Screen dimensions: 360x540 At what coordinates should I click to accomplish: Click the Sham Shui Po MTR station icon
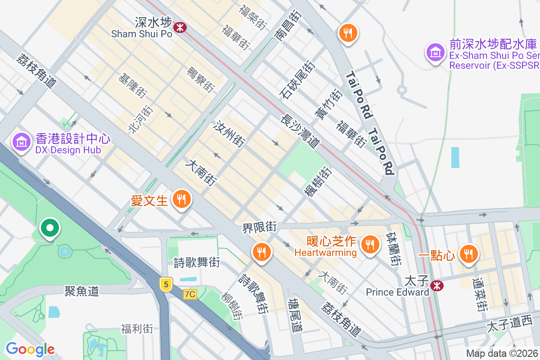(180, 27)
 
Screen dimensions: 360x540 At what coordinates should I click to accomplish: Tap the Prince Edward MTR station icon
(436, 286)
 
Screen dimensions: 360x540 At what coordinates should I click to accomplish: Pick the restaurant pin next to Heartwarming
(370, 245)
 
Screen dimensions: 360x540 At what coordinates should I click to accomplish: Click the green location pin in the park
(50, 228)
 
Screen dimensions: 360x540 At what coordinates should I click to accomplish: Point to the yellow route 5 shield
(166, 284)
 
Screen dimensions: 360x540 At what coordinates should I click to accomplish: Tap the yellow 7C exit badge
(190, 294)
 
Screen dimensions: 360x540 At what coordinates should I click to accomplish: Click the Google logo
(30, 349)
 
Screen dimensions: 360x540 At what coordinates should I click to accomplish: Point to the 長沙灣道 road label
(300, 131)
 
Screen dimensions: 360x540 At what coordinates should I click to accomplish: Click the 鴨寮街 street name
(201, 79)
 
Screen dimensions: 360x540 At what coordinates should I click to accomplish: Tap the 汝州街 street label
(230, 134)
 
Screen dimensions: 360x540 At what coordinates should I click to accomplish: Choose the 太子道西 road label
(509, 324)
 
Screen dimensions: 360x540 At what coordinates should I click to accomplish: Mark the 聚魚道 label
(81, 291)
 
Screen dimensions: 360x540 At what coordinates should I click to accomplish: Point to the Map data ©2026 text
(502, 353)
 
